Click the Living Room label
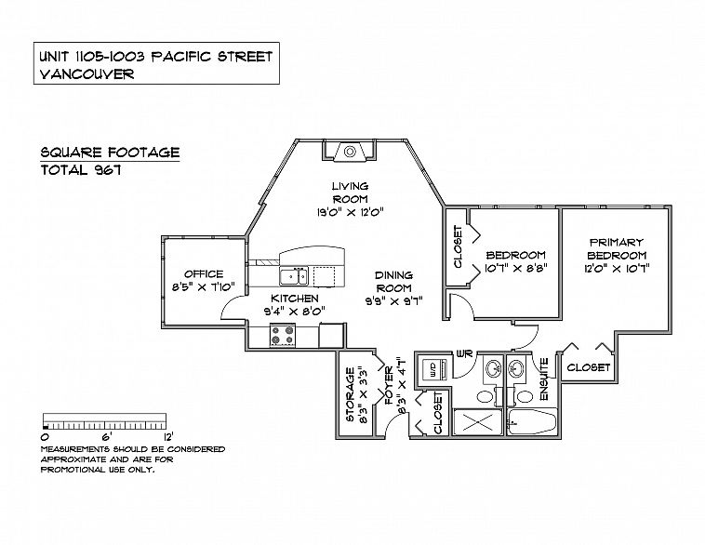coord(350,193)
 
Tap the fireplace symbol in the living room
coord(350,152)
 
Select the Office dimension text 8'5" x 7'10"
coord(204,287)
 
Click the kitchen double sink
coord(294,275)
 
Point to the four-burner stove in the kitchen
coord(283,335)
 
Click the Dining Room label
coord(393,282)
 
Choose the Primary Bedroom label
coord(617,248)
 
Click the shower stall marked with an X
coord(477,422)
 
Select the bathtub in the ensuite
coord(532,422)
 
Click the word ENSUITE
coord(543,379)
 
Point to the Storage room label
coord(351,395)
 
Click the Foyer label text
coord(390,386)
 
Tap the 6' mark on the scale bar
coord(106,436)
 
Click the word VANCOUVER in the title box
coord(86,73)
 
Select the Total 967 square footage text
coord(81,170)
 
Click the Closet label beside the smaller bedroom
coord(458,246)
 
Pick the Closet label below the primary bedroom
coord(589,367)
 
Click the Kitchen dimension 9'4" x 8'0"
coord(295,311)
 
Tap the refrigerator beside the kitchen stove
coord(332,335)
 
